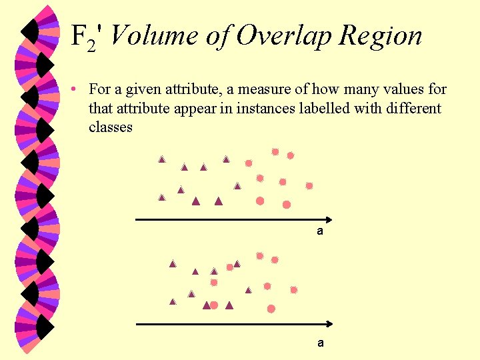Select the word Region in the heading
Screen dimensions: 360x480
pos(380,36)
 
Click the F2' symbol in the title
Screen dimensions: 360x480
pos(86,37)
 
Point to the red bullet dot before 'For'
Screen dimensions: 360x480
pos(79,89)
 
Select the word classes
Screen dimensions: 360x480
pos(110,127)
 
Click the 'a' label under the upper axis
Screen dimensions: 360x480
pos(320,231)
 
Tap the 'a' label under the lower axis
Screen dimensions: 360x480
pos(321,343)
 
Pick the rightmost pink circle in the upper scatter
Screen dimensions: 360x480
pos(309,186)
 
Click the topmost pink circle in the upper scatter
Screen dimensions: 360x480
pos(275,152)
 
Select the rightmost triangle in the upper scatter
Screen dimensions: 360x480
pos(237,186)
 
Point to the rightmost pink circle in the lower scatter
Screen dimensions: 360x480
pos(293,290)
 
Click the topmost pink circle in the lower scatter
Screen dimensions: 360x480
pos(260,255)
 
